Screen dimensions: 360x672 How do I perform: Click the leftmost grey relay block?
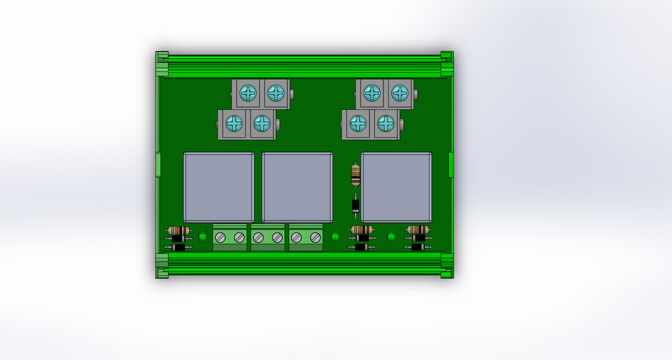218,186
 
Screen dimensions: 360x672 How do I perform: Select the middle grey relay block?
297,186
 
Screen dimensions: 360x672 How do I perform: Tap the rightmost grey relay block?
396,186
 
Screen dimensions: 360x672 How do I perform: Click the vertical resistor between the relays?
356,174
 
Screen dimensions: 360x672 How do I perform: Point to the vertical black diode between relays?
356,205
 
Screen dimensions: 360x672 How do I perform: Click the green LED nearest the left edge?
203,237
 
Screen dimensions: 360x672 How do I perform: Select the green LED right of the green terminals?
335,237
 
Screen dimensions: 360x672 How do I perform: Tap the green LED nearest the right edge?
391,237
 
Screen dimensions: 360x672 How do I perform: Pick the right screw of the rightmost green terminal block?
316,238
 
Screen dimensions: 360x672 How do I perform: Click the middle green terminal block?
268,237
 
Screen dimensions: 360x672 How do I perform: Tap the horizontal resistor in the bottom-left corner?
178,230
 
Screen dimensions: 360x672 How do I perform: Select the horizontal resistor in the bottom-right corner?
418,230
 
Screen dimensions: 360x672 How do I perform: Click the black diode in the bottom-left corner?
178,247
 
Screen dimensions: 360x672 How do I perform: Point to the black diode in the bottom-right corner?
418,247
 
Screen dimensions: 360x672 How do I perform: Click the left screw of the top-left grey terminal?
248,92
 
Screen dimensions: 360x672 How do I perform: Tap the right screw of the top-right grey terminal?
399,92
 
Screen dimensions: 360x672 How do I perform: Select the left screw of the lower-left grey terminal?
234,123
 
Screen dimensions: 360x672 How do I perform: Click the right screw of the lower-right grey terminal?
385,123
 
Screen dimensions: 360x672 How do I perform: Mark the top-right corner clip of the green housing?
447,56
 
